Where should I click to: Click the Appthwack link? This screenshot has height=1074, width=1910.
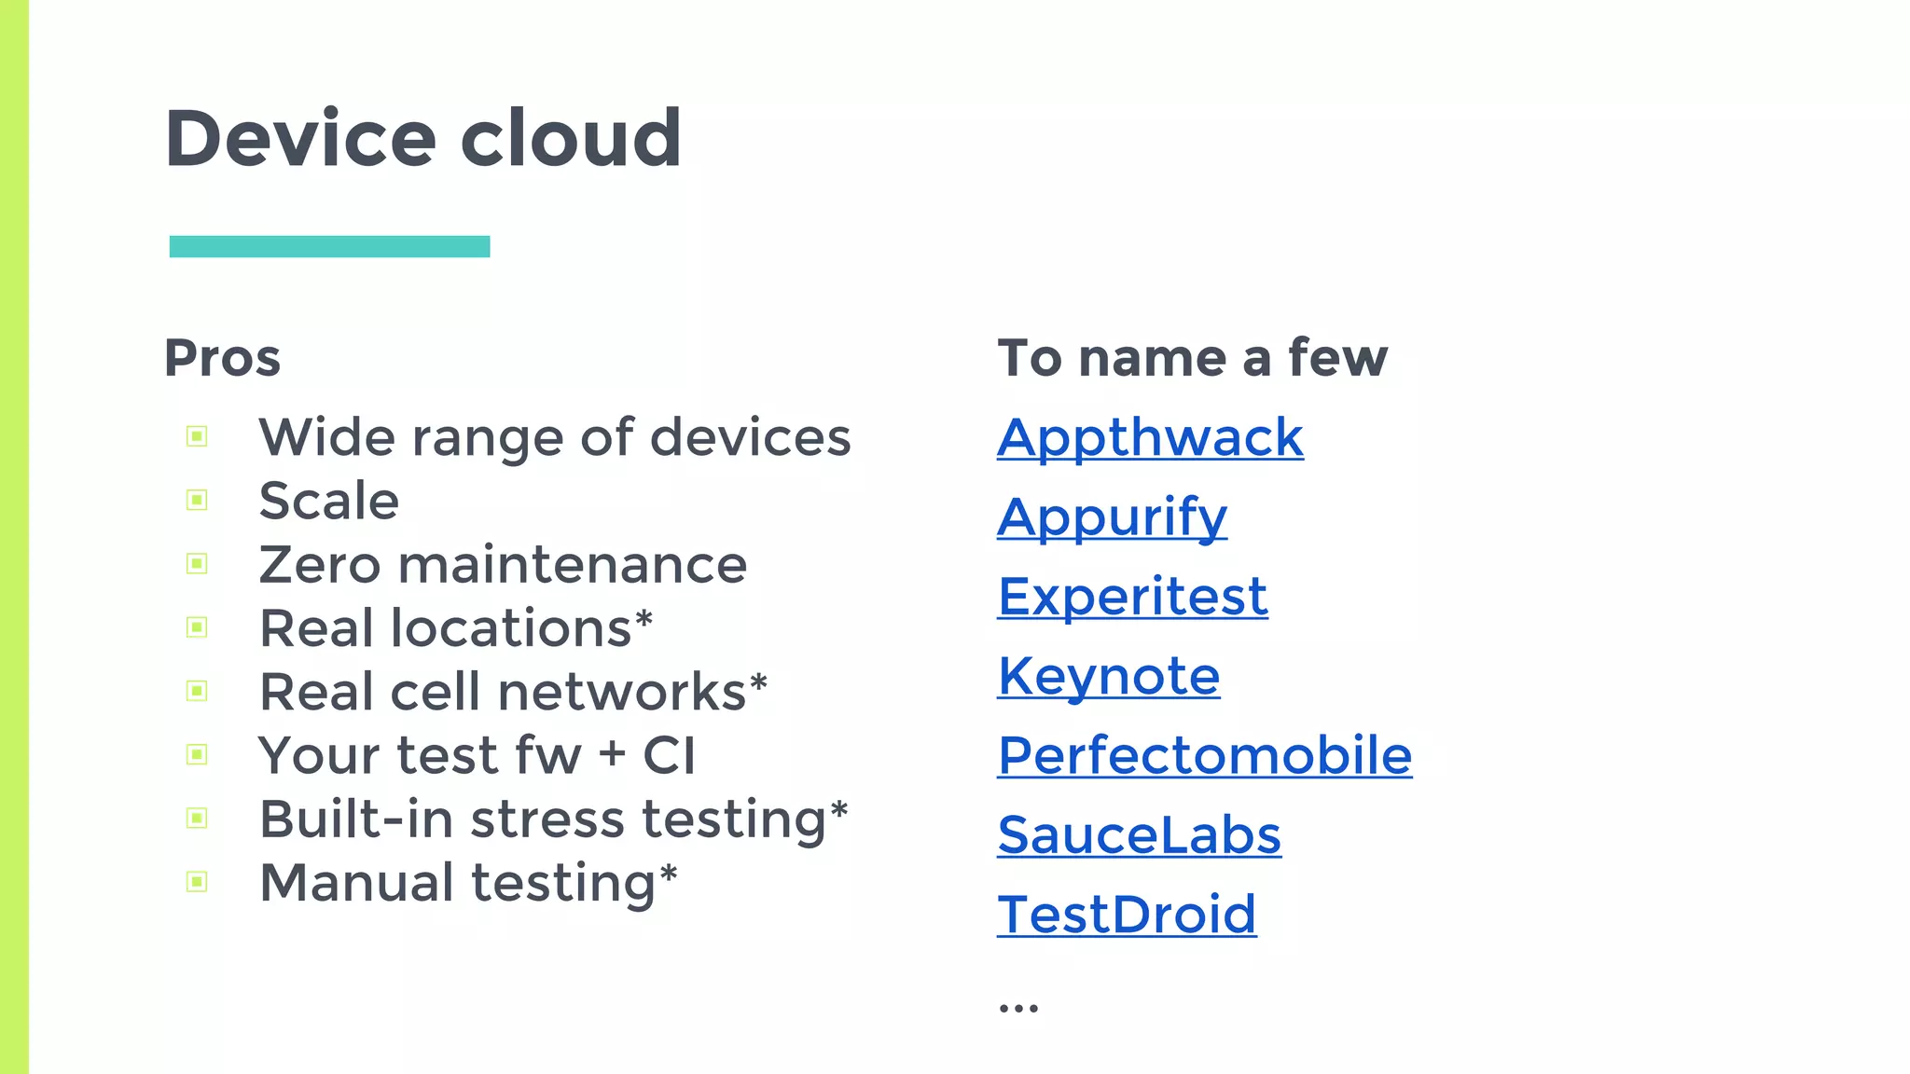coord(1150,437)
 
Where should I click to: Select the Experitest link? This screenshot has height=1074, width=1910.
coord(1132,596)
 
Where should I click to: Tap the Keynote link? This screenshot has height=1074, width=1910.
coord(1109,675)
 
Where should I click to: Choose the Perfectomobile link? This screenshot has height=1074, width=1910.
coord(1205,754)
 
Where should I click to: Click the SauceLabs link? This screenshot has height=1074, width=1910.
coord(1139,834)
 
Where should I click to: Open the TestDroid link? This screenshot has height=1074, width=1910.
coord(1127,914)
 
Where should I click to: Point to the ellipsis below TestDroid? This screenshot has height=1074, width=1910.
coord(1017,1007)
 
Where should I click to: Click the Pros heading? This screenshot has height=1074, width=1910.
coord(222,358)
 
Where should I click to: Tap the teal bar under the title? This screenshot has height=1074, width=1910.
coord(329,246)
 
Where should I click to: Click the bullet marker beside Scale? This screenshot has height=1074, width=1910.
coord(197,501)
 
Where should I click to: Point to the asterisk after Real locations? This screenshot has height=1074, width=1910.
coord(644,618)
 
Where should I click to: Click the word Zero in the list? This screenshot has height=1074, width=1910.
coord(320,565)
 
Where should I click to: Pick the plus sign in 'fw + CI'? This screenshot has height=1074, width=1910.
coord(612,754)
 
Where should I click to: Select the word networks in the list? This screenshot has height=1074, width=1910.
coord(622,692)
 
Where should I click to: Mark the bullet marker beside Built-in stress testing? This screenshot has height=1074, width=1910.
coord(197,819)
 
